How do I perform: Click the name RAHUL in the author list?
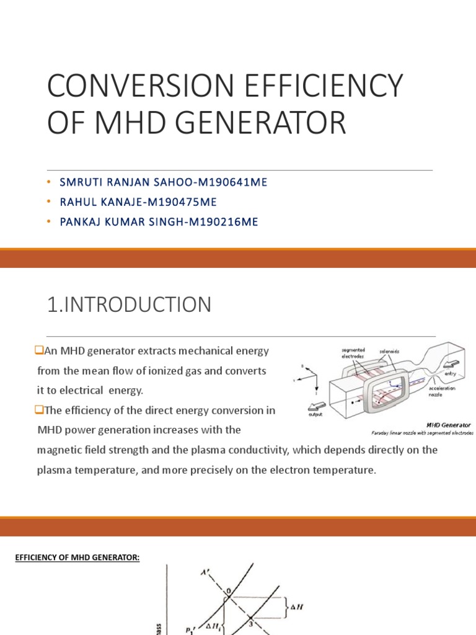78,202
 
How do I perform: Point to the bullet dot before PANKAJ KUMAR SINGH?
49,222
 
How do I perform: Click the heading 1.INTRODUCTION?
129,304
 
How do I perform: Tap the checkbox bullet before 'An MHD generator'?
39,352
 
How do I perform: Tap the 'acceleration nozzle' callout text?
443,392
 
